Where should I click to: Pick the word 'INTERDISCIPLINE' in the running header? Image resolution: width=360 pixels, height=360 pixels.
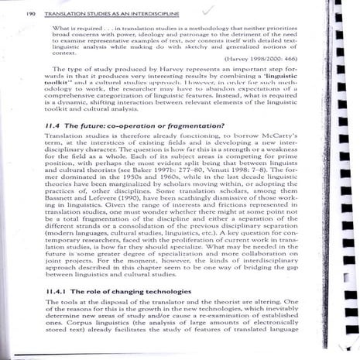(x=148, y=13)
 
